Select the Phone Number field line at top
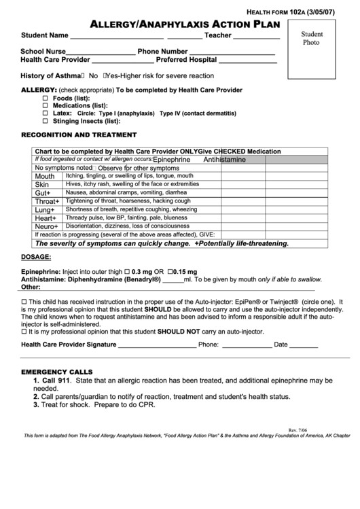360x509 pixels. point(232,53)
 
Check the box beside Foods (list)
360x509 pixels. point(46,98)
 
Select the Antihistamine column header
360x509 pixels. point(225,160)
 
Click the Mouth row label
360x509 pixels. point(45,176)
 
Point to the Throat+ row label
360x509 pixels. point(48,202)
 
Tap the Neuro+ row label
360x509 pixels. point(47,226)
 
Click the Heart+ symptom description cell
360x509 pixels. point(126,217)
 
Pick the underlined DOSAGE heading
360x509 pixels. point(36,257)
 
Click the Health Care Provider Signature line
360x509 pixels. point(158,345)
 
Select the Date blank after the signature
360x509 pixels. point(304,345)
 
